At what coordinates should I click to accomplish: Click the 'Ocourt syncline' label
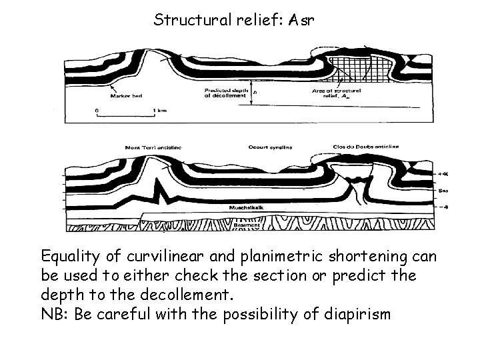(264, 147)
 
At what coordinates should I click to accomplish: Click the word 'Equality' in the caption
(69, 256)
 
